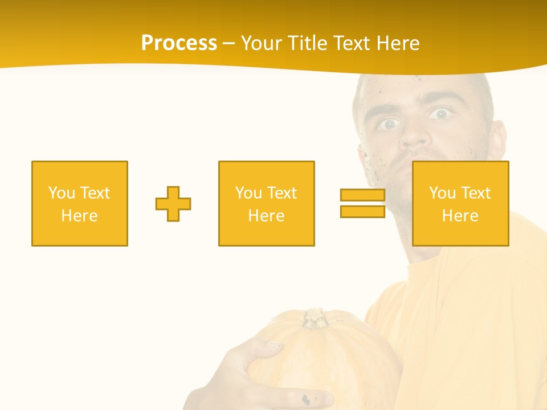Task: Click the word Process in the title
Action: point(179,43)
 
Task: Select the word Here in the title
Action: point(398,43)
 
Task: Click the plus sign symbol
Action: point(173,204)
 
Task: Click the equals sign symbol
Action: point(362,203)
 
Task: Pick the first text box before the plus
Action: point(80,204)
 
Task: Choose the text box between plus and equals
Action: point(267,204)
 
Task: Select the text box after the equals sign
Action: point(460,204)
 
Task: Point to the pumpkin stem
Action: point(314,318)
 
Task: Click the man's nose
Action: point(414,137)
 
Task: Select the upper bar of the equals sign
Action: point(362,195)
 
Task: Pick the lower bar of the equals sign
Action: point(362,211)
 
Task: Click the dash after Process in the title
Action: point(228,44)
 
